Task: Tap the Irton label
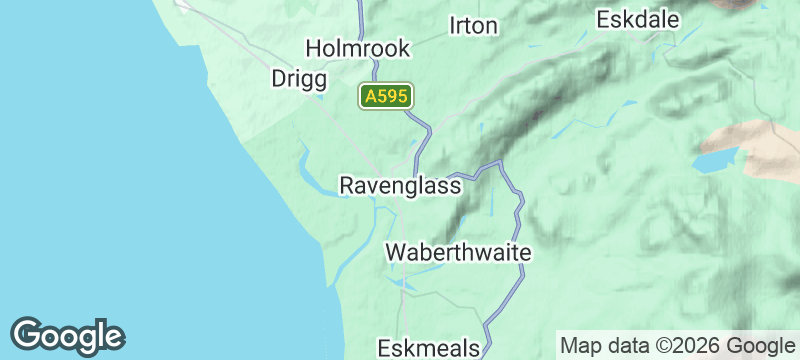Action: (473, 26)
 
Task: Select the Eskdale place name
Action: (637, 20)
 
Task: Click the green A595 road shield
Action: (386, 97)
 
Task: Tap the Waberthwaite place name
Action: (458, 252)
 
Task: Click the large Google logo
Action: (68, 336)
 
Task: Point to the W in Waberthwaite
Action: (396, 252)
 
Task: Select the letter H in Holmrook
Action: (312, 48)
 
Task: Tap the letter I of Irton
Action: (454, 26)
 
